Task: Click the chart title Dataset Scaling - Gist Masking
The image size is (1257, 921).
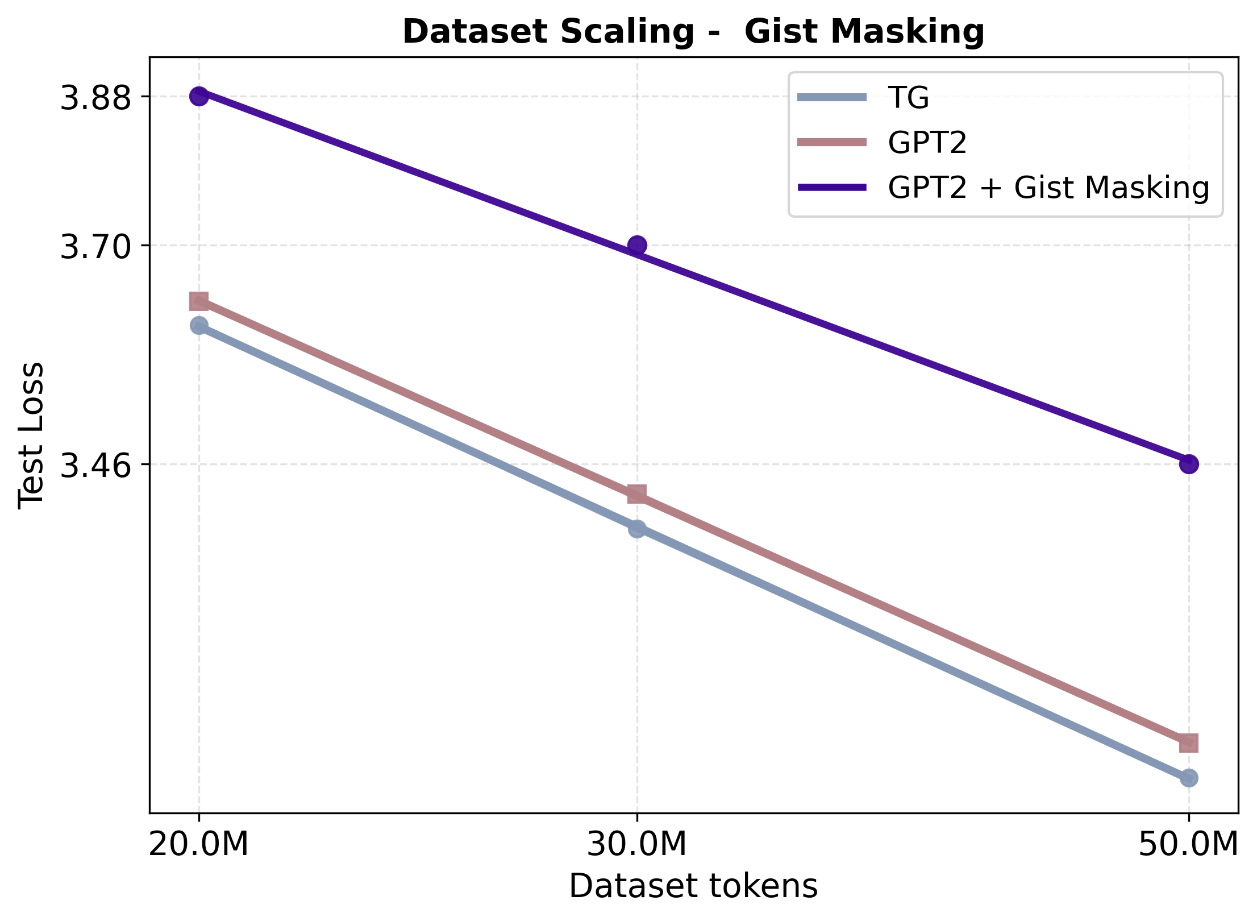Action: (x=693, y=32)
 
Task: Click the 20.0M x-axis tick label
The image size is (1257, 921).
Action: (x=199, y=844)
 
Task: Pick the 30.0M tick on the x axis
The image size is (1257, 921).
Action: (x=637, y=844)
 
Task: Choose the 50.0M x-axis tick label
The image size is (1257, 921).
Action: (x=1188, y=844)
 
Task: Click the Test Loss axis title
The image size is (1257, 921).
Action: (x=31, y=435)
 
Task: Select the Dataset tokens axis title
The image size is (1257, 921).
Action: (x=693, y=886)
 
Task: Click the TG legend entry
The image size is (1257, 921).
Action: (x=909, y=97)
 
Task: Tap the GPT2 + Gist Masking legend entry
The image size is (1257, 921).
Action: (x=1048, y=188)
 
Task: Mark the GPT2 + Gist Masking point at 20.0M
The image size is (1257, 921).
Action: (x=199, y=96)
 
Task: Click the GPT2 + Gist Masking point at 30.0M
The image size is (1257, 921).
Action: (x=637, y=246)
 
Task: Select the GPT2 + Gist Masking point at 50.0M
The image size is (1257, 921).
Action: (x=1188, y=464)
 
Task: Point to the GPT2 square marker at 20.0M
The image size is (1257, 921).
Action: (x=199, y=301)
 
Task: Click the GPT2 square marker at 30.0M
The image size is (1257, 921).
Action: (x=637, y=493)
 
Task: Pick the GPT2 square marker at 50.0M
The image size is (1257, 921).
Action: (x=1188, y=742)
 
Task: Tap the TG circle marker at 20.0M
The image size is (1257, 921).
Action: (x=199, y=325)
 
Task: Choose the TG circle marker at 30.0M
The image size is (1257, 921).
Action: (x=637, y=529)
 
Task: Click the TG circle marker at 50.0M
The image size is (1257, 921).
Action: (x=1188, y=778)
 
